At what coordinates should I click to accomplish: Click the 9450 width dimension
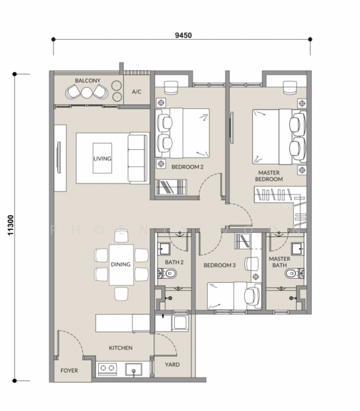click(182, 31)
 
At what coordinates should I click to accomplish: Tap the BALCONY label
click(88, 81)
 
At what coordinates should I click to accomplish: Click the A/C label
click(136, 90)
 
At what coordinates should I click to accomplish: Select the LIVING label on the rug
click(102, 158)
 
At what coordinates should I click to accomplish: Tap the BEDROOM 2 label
click(187, 166)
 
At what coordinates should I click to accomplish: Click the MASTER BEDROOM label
click(269, 176)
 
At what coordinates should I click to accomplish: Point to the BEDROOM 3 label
click(219, 265)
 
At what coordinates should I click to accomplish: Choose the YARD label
click(173, 365)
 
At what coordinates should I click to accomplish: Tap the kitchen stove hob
click(107, 370)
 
